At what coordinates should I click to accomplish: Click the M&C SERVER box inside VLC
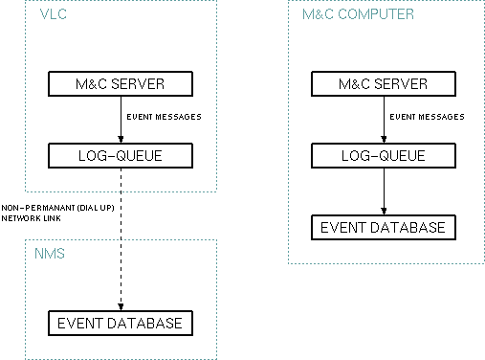pyautogui.click(x=120, y=83)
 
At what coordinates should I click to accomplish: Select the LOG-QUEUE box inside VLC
pyautogui.click(x=120, y=154)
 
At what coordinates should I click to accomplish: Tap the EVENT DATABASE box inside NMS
pyautogui.click(x=120, y=323)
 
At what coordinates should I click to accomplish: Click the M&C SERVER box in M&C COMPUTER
pyautogui.click(x=383, y=83)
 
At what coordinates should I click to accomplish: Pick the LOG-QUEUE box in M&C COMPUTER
pyautogui.click(x=383, y=154)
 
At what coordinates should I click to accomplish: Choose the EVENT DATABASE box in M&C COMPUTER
pyautogui.click(x=383, y=227)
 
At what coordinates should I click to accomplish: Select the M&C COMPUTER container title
pyautogui.click(x=358, y=15)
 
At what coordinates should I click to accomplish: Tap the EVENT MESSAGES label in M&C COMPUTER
pyautogui.click(x=427, y=117)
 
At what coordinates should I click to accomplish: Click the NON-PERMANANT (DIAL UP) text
pyautogui.click(x=52, y=207)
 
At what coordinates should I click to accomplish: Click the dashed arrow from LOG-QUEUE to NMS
pyautogui.click(x=120, y=239)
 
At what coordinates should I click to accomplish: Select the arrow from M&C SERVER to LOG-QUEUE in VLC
pyautogui.click(x=120, y=118)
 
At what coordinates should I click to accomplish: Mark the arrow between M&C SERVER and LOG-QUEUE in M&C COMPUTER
pyautogui.click(x=383, y=118)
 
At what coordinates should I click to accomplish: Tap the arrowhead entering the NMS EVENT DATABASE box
pyautogui.click(x=120, y=305)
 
